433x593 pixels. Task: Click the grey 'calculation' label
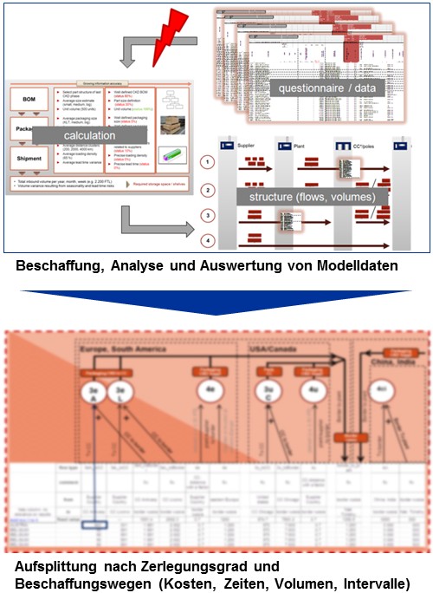(x=86, y=135)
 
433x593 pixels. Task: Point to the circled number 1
(x=208, y=162)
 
